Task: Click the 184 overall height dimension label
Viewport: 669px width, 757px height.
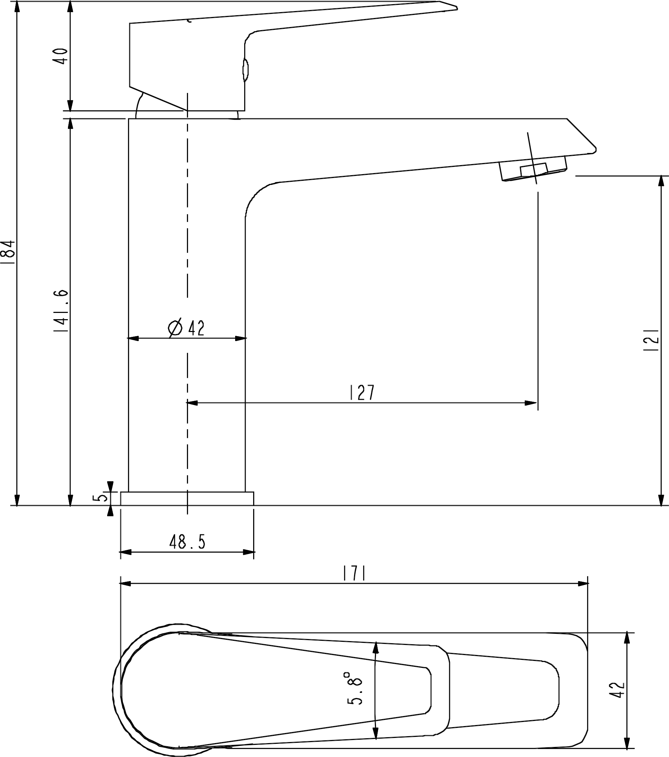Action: pos(8,252)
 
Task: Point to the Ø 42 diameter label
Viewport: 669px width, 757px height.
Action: pos(186,328)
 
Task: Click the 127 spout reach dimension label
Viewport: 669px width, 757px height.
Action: pos(362,393)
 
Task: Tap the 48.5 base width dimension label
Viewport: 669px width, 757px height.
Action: pos(187,543)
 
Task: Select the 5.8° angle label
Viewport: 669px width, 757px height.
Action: pos(354,688)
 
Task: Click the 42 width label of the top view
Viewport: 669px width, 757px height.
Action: pos(619,690)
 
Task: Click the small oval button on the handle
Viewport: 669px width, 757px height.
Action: pos(245,70)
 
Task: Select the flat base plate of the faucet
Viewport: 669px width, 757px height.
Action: pos(187,499)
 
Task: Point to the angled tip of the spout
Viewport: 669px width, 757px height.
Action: pos(595,150)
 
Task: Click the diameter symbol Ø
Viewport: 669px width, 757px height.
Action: pos(175,328)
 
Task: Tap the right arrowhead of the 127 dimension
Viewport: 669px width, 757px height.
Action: pos(531,403)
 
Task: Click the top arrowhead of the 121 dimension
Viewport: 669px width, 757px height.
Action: pos(661,182)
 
